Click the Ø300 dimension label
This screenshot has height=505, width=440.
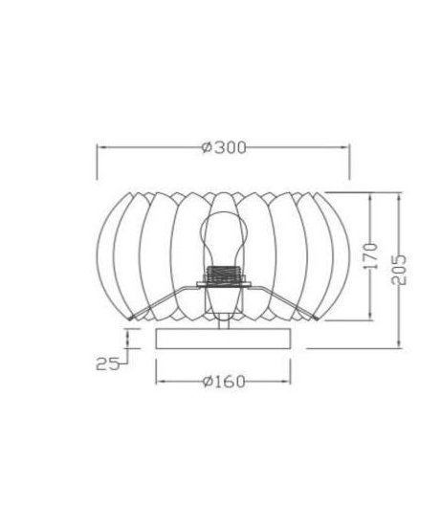click(x=224, y=147)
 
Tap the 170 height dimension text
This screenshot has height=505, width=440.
click(x=370, y=256)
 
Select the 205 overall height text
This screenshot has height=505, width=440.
click(x=399, y=270)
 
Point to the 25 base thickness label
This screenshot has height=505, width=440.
click(x=108, y=364)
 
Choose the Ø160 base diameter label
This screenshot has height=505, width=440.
click(x=224, y=382)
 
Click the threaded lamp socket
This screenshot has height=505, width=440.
click(x=224, y=274)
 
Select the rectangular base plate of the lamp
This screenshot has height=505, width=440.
click(x=223, y=339)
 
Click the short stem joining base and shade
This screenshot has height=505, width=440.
click(x=224, y=322)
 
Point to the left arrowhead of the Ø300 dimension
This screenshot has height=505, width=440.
click(x=101, y=147)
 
